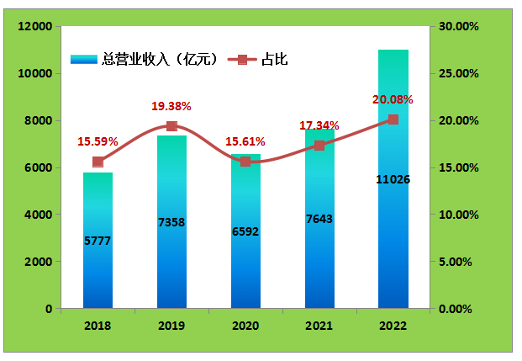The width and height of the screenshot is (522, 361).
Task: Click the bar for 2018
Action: (98, 252)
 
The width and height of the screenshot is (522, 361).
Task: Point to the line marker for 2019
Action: (171, 126)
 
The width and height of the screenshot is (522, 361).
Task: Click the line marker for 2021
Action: (319, 146)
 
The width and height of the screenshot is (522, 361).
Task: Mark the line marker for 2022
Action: (393, 119)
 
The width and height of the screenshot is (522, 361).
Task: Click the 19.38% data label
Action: (171, 107)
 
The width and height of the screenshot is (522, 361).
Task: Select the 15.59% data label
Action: (98, 141)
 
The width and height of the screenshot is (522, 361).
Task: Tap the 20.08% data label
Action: (393, 100)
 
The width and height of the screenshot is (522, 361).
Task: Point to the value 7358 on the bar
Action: (171, 222)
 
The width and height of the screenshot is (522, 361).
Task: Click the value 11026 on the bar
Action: (393, 179)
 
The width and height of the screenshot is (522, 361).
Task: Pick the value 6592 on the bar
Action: (245, 231)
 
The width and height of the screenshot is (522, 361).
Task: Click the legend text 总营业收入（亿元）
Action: (160, 60)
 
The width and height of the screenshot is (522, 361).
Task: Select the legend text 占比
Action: (276, 60)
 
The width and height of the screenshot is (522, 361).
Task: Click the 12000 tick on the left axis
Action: (35, 27)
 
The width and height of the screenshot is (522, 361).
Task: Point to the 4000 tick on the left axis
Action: (39, 215)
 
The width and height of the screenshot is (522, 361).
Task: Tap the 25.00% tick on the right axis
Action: (459, 74)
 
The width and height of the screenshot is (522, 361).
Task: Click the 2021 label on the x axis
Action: (319, 325)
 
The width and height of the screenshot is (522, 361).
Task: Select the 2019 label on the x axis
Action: (171, 325)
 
